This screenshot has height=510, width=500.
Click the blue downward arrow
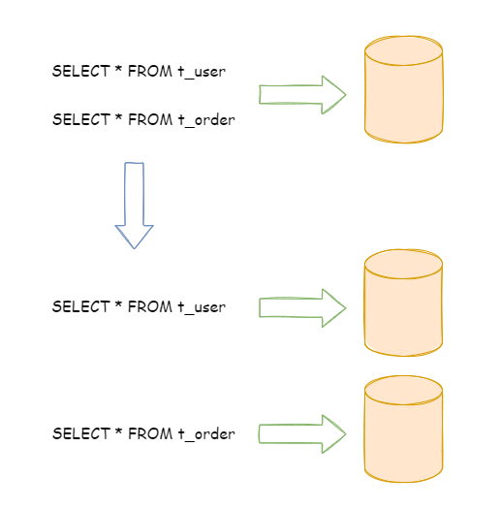point(134,199)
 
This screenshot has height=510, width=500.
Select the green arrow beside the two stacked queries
point(302,94)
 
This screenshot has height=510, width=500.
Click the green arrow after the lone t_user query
point(302,307)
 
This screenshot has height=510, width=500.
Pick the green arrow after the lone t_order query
point(302,433)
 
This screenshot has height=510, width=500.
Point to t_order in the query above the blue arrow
point(205,120)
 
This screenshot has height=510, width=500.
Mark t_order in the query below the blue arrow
point(205,434)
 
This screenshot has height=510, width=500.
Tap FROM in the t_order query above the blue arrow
point(152,120)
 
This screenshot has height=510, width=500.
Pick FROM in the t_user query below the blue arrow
point(152,307)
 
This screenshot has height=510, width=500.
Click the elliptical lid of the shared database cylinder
point(403,50)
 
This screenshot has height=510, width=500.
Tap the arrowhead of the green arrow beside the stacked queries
point(333,94)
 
